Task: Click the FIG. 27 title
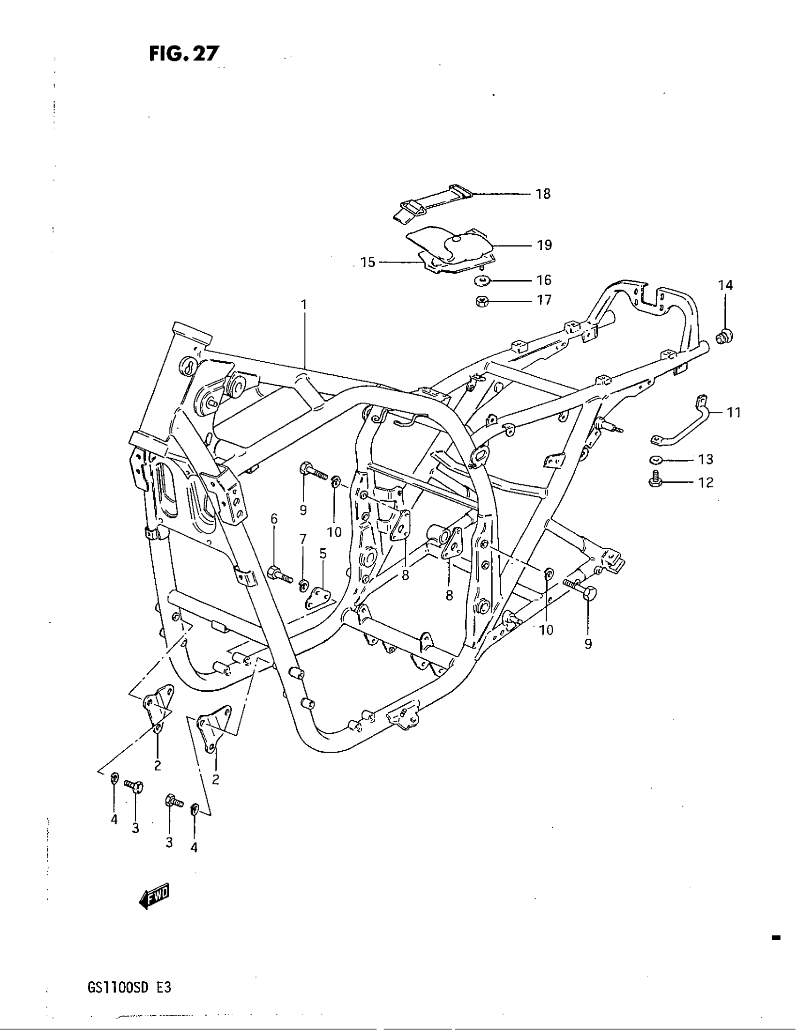[184, 54]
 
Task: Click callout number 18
[543, 194]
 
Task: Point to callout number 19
[544, 245]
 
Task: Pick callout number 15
[368, 262]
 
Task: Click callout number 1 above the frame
[304, 305]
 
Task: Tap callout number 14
[726, 285]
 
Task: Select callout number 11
[733, 412]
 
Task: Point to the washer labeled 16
[481, 281]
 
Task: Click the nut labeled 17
[481, 300]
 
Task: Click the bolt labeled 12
[654, 478]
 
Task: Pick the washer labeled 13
[655, 459]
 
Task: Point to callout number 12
[706, 482]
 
